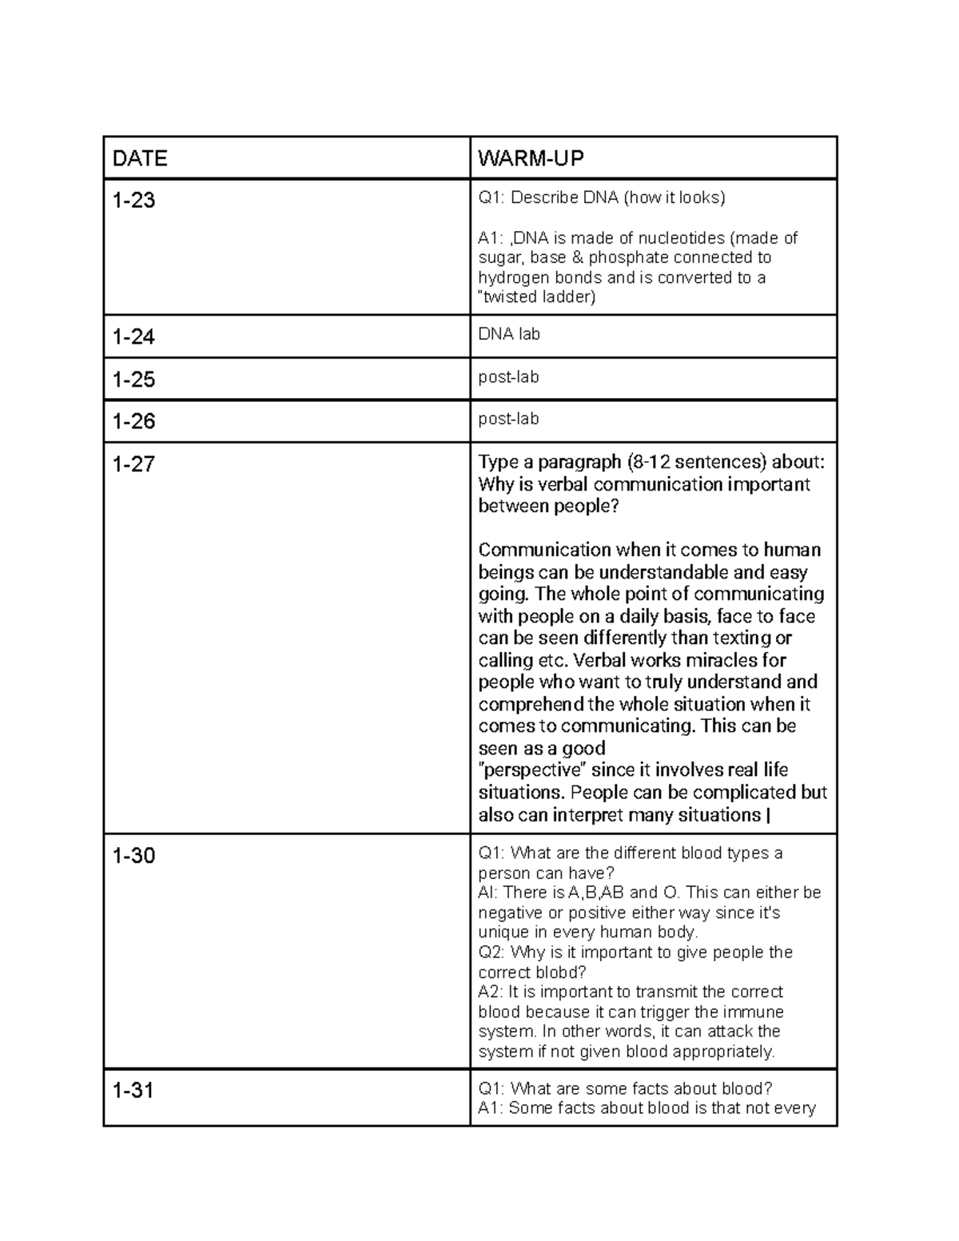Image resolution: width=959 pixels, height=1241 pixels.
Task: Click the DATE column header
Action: coord(140,159)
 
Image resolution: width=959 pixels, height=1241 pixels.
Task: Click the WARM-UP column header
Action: coord(531,159)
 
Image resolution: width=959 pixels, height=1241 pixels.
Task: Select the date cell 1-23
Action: coord(133,201)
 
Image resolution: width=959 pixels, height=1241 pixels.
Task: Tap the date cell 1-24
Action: coord(133,337)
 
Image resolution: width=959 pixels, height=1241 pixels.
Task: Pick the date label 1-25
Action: coord(133,380)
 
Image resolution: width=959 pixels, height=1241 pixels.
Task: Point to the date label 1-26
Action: coord(133,421)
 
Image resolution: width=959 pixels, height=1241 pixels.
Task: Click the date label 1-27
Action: coord(133,463)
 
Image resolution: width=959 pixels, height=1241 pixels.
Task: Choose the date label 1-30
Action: coord(133,856)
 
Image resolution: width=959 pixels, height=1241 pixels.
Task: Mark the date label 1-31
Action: coord(133,1090)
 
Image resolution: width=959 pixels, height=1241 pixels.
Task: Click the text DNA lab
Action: coord(509,335)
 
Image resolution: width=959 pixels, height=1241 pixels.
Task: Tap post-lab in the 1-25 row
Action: coord(508,377)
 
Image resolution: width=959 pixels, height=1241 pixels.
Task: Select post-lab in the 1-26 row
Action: coord(508,419)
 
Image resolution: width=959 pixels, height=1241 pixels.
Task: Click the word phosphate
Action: coord(627,258)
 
